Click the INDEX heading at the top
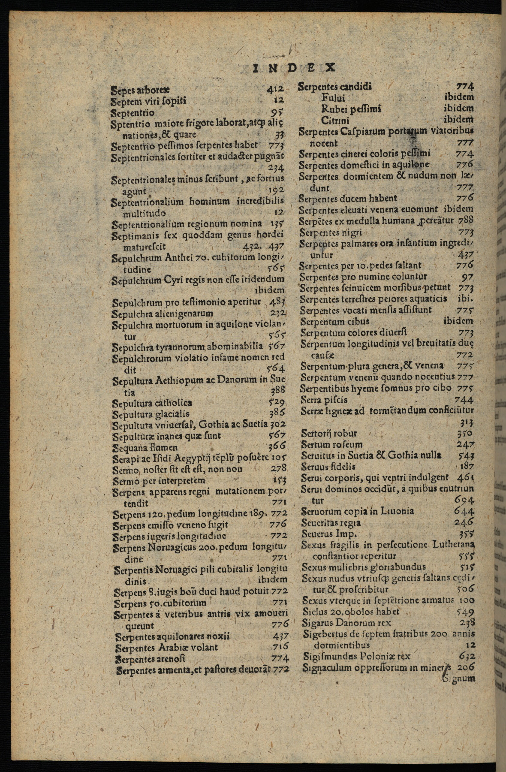[x=293, y=68]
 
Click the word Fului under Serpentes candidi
[x=333, y=98]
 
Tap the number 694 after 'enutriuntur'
[x=464, y=500]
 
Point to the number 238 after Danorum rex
[x=467, y=622]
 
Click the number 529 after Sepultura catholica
[x=277, y=402]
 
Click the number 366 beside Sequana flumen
[x=277, y=447]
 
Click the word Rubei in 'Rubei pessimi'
[x=333, y=109]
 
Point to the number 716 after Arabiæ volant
[x=280, y=647]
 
